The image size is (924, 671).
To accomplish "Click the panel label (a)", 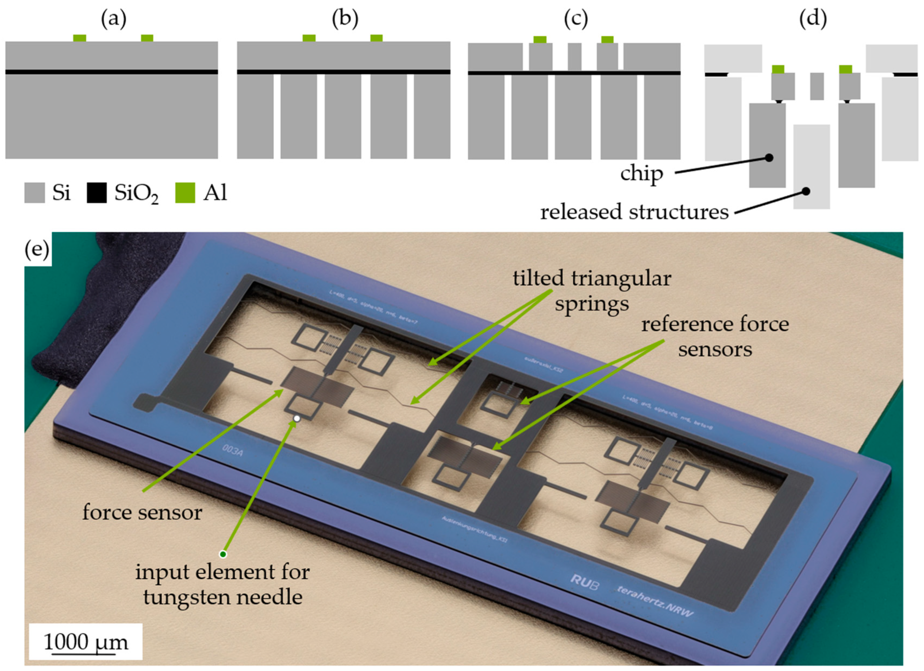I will [114, 19].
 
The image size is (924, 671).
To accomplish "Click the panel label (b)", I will [345, 19].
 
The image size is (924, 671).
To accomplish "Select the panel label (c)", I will [576, 19].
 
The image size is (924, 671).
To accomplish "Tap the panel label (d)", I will [813, 19].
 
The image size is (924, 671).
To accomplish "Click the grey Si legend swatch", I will [34, 192].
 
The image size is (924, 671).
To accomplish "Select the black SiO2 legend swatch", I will [97, 192].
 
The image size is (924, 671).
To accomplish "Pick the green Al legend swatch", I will [185, 192].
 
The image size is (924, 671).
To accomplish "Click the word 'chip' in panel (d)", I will [642, 174].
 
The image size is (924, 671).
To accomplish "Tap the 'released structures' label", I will [634, 212].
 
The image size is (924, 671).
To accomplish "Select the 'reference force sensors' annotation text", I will [715, 337].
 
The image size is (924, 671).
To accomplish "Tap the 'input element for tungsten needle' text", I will [223, 585].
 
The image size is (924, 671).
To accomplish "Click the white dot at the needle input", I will [297, 418].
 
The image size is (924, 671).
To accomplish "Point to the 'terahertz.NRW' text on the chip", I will [655, 602].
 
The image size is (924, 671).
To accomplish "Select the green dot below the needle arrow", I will [223, 554].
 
